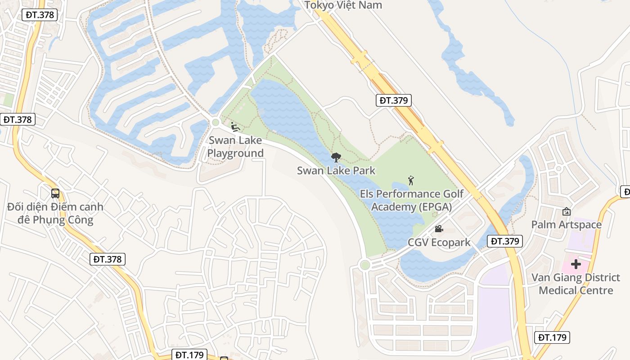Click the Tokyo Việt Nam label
[x=343, y=5]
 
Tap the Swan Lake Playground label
[x=235, y=147]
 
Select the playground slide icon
[x=234, y=127]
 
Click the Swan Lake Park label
[x=336, y=171]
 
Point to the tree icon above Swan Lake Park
[x=336, y=157]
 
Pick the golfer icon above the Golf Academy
[x=410, y=181]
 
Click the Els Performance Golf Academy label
[x=412, y=200]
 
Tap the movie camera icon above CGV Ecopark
[x=439, y=229]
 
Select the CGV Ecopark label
[x=439, y=243]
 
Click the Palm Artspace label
[x=566, y=225]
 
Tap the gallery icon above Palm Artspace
[x=567, y=211]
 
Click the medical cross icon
[x=576, y=264]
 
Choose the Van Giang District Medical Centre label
[x=576, y=284]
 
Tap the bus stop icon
[x=55, y=193]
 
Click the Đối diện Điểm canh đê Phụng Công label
[x=55, y=213]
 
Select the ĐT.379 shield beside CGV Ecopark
[x=505, y=241]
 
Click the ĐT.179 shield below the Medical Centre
[x=553, y=337]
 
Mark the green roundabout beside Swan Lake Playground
[x=216, y=122]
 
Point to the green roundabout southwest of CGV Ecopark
[x=365, y=265]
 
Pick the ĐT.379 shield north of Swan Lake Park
[x=394, y=100]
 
